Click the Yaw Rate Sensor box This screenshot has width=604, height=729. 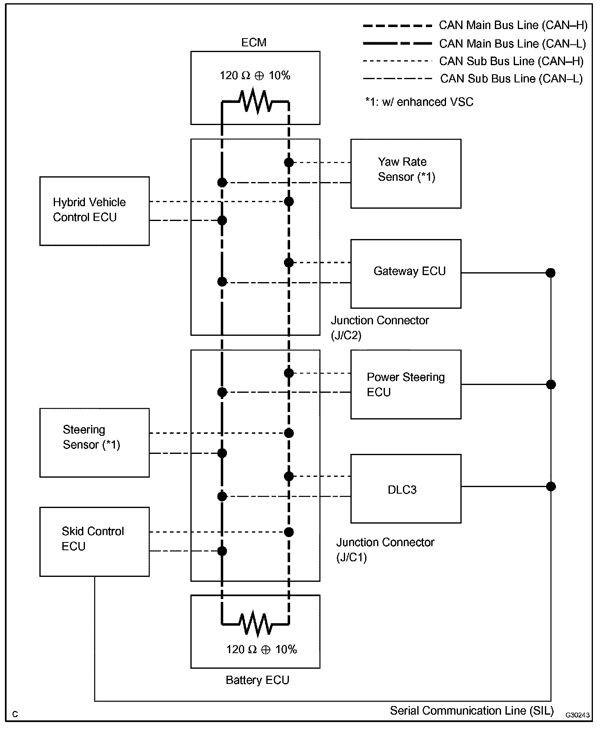tap(406, 173)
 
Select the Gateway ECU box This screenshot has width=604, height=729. tap(406, 273)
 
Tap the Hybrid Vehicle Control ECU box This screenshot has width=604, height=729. tap(94, 211)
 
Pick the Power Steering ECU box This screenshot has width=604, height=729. tap(406, 384)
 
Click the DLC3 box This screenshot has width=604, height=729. tap(406, 488)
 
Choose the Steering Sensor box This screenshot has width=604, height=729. tap(94, 442)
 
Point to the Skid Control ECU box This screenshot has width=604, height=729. tap(94, 542)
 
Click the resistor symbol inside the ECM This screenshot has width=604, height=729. tap(255, 101)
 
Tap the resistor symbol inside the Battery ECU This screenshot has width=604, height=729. tap(255, 624)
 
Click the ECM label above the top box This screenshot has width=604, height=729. tap(254, 43)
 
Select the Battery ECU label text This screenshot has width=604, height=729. tap(258, 680)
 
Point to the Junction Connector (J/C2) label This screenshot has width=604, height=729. tap(380, 328)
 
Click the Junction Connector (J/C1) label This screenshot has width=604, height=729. tap(385, 550)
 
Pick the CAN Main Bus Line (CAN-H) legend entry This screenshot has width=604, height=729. tap(475, 25)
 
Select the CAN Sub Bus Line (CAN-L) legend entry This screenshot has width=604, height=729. tap(473, 79)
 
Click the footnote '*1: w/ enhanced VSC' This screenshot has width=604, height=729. tap(419, 102)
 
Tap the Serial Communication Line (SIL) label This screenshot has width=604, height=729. tap(472, 711)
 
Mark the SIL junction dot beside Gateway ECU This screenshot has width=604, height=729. tap(551, 273)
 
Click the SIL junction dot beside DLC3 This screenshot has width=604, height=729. tap(551, 486)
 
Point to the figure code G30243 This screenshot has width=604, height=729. tap(577, 715)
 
